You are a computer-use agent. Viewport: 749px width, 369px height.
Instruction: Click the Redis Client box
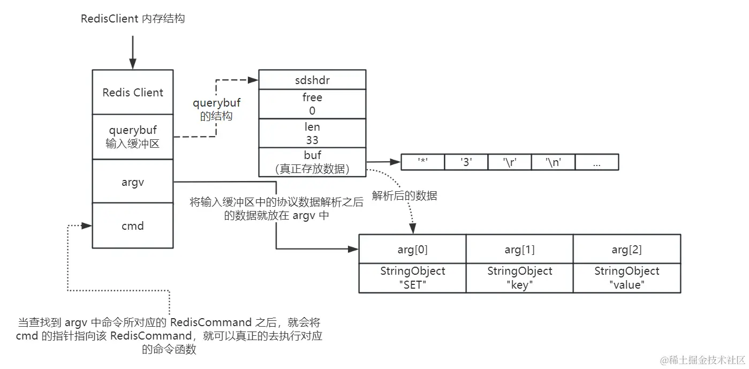(x=133, y=92)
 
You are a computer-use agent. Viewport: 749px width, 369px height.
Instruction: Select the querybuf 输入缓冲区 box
(x=133, y=137)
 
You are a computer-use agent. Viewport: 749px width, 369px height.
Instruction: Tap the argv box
(x=133, y=182)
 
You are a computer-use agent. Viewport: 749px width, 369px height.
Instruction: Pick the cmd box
(x=133, y=225)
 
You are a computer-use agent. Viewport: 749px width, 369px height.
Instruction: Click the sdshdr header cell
(x=312, y=80)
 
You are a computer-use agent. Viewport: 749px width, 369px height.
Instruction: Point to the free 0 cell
(x=312, y=104)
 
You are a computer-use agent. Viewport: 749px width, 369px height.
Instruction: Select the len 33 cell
(x=312, y=133)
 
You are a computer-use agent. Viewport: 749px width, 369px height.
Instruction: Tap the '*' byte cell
(x=423, y=162)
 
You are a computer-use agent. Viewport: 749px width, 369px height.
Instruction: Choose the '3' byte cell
(x=466, y=162)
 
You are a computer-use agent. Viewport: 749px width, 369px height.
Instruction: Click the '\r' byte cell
(x=510, y=162)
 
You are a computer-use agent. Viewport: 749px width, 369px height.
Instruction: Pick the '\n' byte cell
(x=553, y=162)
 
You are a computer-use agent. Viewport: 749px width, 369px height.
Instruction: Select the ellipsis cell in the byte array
(x=597, y=162)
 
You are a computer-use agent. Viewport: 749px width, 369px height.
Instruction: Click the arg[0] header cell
(x=412, y=249)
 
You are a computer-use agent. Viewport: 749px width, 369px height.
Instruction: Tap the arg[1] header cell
(x=519, y=249)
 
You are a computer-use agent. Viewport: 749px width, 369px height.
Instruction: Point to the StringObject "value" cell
(x=627, y=278)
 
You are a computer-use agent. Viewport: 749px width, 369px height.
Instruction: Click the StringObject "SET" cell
(x=412, y=278)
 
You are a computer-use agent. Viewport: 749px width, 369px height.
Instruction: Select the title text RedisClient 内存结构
(x=133, y=19)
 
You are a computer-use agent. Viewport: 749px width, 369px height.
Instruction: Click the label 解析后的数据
(x=404, y=196)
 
